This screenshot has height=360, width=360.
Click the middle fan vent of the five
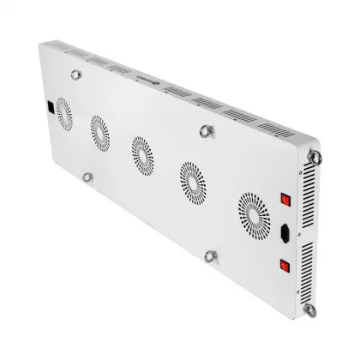pyautogui.click(x=140, y=152)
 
